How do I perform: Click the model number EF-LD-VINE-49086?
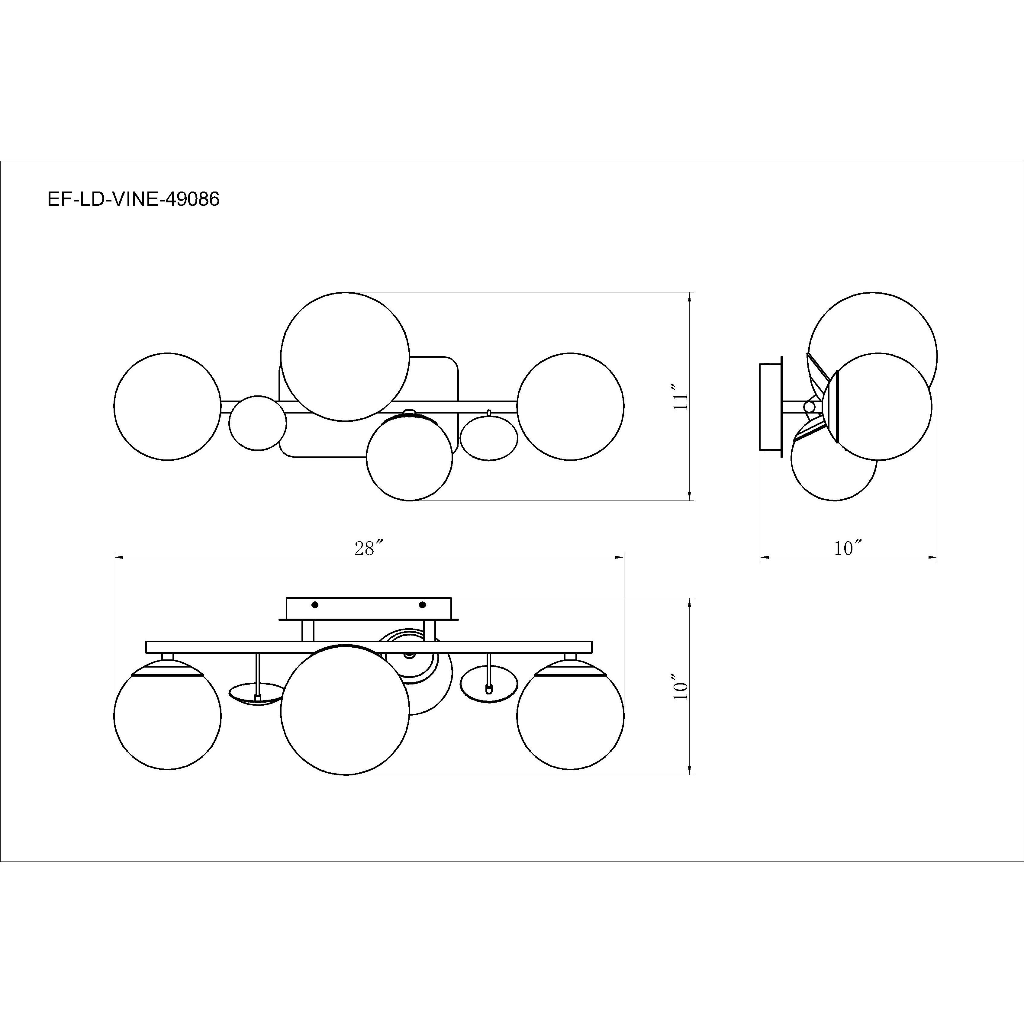pyautogui.click(x=134, y=199)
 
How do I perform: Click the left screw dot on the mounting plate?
pyautogui.click(x=315, y=605)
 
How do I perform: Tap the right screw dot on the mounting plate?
pyautogui.click(x=422, y=605)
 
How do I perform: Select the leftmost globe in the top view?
pyautogui.click(x=167, y=407)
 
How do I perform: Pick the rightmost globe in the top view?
pyautogui.click(x=570, y=407)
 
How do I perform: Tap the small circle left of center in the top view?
pyautogui.click(x=258, y=423)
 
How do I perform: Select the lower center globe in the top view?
pyautogui.click(x=409, y=460)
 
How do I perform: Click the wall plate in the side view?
pyautogui.click(x=770, y=407)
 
